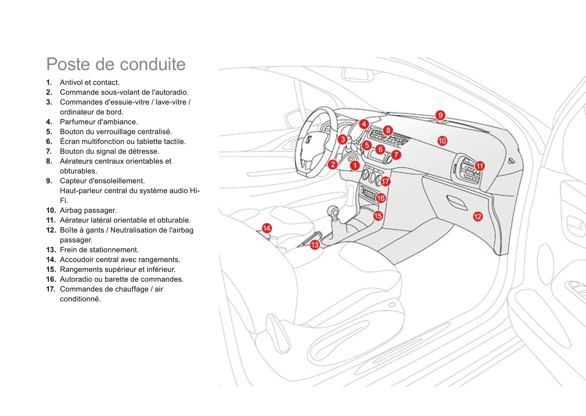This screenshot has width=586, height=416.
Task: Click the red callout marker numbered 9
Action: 440,115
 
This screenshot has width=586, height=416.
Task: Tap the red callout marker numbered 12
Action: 478,216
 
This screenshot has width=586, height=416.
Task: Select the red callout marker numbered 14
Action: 266,228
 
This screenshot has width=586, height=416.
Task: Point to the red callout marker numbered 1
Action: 355,165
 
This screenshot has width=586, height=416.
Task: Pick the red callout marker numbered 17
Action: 385,181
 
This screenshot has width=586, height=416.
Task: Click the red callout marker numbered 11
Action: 480,166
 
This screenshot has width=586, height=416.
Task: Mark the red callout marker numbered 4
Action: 364,124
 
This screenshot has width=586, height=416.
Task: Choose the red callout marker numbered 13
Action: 315,244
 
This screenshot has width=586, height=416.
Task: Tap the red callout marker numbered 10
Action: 442,141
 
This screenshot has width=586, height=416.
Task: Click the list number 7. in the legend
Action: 49,151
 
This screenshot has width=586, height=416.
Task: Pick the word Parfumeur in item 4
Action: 75,122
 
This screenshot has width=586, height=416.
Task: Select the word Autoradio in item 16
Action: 75,279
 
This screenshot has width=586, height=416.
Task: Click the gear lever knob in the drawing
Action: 334,212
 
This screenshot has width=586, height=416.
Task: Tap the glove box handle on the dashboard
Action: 456,202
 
